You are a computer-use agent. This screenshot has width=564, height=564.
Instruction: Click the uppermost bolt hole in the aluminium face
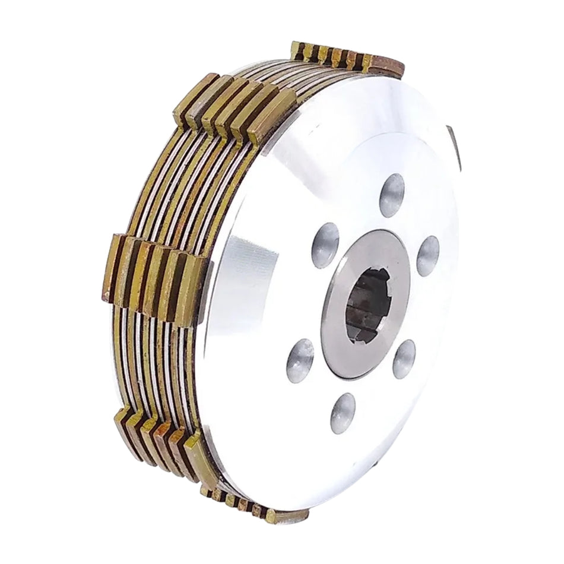[392, 195]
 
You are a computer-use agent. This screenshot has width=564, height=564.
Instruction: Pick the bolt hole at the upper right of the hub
[427, 256]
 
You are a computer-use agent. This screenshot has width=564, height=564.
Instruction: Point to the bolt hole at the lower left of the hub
[300, 360]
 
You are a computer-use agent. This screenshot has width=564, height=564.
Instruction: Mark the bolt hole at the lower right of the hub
[404, 359]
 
